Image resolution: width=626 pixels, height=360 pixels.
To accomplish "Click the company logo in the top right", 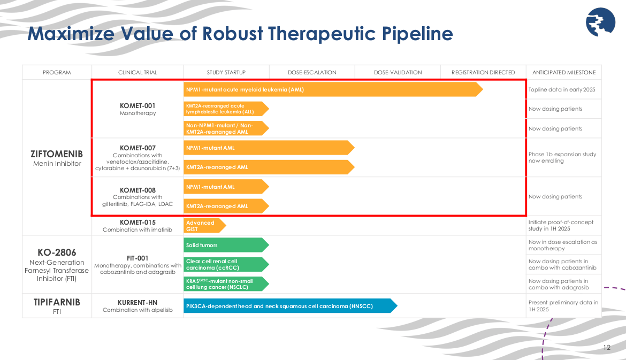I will pyautogui.click(x=600, y=22).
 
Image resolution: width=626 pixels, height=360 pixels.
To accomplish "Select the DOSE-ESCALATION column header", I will pyautogui.click(x=312, y=72).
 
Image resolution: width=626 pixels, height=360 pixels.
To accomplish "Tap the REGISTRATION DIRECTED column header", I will pyautogui.click(x=483, y=72).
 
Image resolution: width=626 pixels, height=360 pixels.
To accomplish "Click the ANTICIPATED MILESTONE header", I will pyautogui.click(x=563, y=72).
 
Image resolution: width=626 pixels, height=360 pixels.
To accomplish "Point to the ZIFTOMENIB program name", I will pyautogui.click(x=57, y=154).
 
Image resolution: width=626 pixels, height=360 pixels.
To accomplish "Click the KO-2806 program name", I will pyautogui.click(x=57, y=252).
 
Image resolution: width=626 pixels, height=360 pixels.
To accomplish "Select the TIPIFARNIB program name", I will pyautogui.click(x=57, y=302).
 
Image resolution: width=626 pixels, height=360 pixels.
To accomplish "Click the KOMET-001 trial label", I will pyautogui.click(x=138, y=105).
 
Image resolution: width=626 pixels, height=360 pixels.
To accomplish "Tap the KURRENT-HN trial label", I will pyautogui.click(x=138, y=302).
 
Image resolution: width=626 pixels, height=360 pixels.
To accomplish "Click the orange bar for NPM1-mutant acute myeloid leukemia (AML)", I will pyautogui.click(x=332, y=89).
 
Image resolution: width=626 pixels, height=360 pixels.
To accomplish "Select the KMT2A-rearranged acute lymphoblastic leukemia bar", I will pyautogui.click(x=225, y=109).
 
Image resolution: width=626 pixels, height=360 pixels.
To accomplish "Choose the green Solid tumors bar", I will pyautogui.click(x=225, y=245).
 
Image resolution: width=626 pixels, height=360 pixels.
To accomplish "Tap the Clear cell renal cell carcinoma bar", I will pyautogui.click(x=225, y=264).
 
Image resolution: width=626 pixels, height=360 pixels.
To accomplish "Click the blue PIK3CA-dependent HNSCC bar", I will pyautogui.click(x=289, y=306).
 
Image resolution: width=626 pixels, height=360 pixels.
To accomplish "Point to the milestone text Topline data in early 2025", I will pyautogui.click(x=562, y=90).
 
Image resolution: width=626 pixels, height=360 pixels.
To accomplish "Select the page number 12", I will pyautogui.click(x=607, y=348).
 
